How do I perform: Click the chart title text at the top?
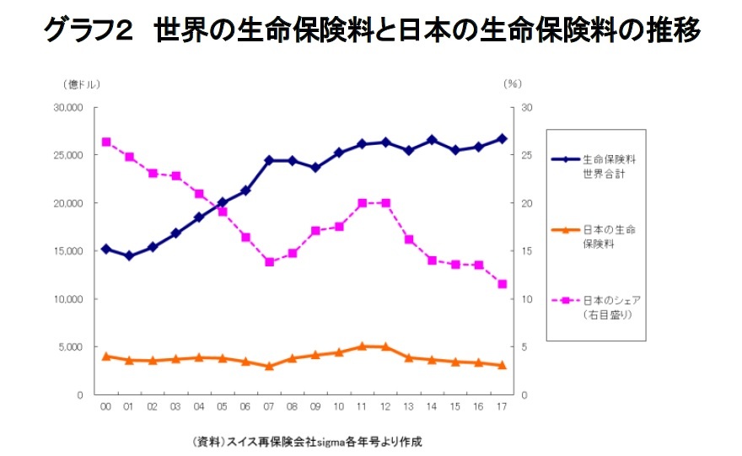pos(371,32)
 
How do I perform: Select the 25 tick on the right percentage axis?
pos(527,156)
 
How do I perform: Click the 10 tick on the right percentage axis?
pos(527,299)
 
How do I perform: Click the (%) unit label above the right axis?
pos(513,83)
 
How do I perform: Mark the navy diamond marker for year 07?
pos(269,160)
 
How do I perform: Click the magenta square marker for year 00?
pos(105,142)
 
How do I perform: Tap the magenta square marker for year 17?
pos(503,284)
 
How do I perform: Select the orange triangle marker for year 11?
pos(363,346)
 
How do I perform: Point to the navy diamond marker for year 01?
pos(129,255)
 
